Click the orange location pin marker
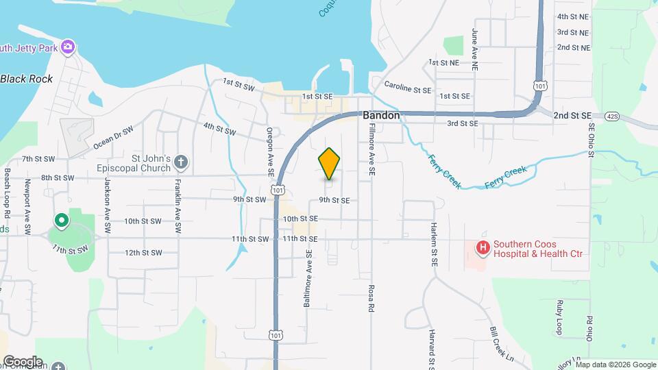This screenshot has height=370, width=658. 329,164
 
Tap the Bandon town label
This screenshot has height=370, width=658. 381,116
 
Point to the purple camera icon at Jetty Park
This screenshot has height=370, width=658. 67,47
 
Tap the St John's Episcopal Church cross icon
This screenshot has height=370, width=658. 180,162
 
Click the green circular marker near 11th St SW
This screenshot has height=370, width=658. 62,221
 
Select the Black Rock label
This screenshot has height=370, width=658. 27,79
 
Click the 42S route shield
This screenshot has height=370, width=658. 612,116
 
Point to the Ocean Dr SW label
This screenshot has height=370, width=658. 113,137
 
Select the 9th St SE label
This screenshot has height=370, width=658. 334,201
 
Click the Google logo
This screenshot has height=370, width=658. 22,362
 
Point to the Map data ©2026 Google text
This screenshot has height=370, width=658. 615,364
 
